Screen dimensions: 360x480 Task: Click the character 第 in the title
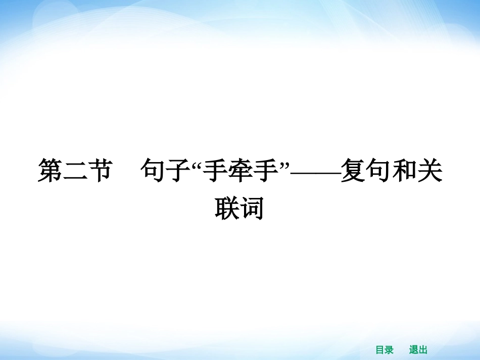click(x=51, y=171)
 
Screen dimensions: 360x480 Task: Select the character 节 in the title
click(x=99, y=171)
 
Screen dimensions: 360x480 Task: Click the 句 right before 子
click(x=153, y=171)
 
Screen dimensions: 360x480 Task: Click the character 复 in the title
click(x=352, y=171)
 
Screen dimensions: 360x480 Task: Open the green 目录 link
click(x=385, y=350)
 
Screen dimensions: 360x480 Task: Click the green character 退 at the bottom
click(x=414, y=350)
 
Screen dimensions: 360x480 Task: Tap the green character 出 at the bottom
click(x=423, y=350)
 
